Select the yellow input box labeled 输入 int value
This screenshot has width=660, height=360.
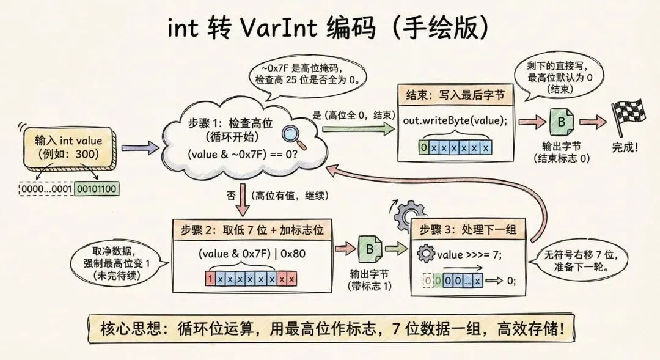click(68, 147)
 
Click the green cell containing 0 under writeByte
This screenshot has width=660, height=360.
click(424, 149)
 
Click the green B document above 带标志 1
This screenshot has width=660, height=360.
click(369, 249)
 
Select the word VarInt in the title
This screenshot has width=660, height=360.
click(275, 28)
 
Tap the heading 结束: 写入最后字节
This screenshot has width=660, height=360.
click(455, 96)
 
